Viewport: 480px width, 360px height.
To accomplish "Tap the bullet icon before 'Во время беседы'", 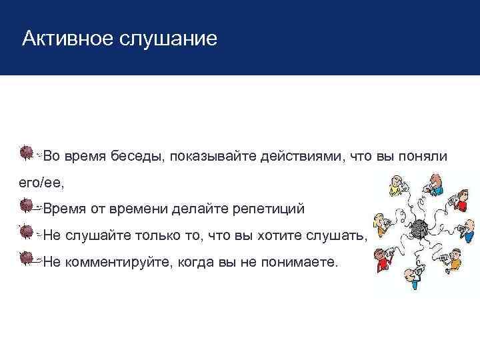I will pos(27,153).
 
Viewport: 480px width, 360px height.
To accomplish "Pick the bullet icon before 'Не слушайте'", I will pos(27,233).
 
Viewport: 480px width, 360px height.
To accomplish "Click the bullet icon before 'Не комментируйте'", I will pos(27,259).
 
